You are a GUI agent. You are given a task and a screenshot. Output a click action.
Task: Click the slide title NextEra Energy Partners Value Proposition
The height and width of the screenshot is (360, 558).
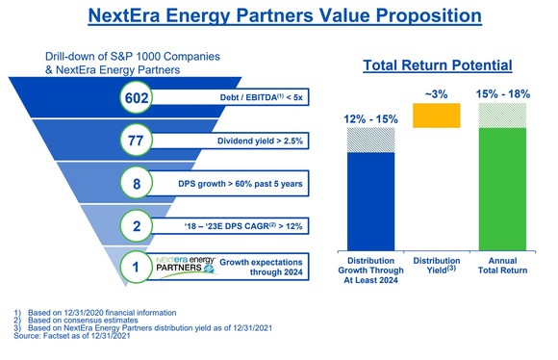[279, 16]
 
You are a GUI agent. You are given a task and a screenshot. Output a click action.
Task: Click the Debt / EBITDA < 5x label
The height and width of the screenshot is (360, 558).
[255, 100]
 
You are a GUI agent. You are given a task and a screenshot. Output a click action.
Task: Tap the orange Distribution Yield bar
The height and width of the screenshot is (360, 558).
[436, 115]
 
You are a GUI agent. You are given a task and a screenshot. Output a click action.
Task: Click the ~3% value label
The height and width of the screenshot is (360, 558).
[436, 92]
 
